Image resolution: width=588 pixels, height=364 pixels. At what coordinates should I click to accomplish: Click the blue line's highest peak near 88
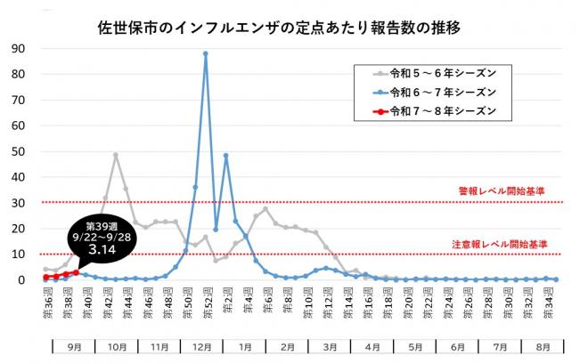pos(206,53)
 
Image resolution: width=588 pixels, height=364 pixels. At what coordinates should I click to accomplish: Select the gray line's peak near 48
pos(116,155)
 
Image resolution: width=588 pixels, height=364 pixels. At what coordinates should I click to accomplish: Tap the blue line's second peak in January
pos(225,155)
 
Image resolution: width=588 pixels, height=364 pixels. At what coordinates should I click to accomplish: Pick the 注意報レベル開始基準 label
pos(502,243)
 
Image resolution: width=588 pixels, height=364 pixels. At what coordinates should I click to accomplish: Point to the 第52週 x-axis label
pos(206,298)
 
